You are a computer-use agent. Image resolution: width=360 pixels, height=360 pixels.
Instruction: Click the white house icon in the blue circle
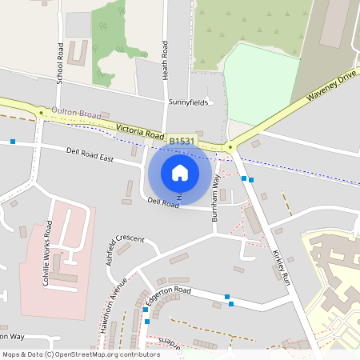(x=180, y=173)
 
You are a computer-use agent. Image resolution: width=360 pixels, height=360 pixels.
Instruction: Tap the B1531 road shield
(x=182, y=141)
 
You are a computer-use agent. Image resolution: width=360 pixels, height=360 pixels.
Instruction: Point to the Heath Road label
(x=166, y=60)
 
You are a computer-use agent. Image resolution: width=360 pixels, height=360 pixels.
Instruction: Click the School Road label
(x=60, y=64)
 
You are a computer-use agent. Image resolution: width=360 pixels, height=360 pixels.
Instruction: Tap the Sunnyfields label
(x=188, y=103)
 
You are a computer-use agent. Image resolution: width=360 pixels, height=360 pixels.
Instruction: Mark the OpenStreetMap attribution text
(x=81, y=354)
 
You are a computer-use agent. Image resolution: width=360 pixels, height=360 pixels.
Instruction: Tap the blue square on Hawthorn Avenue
(x=146, y=322)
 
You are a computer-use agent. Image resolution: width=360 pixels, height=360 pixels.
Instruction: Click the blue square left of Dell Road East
(x=13, y=142)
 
